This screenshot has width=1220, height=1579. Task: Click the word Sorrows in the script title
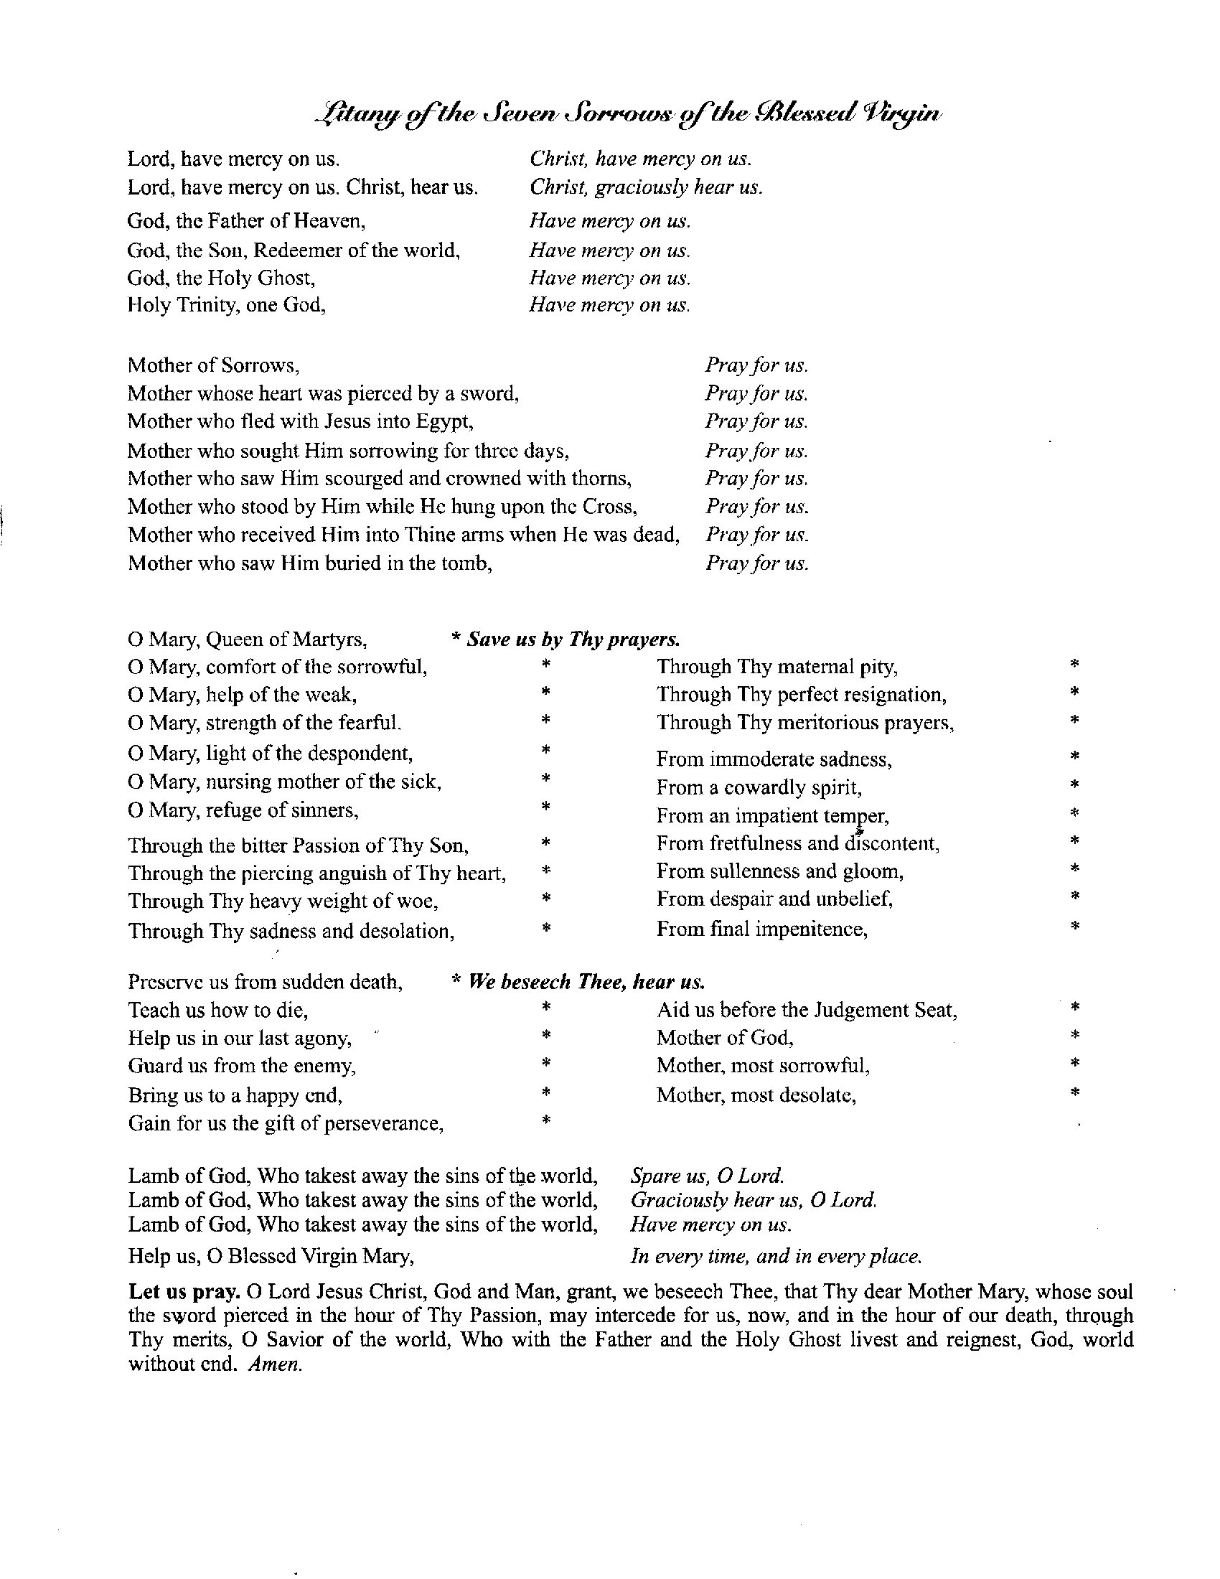(619, 115)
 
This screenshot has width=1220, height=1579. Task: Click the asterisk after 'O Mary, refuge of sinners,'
(546, 805)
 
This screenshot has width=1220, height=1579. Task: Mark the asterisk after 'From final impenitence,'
(1075, 926)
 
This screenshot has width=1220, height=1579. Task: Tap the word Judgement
(860, 1010)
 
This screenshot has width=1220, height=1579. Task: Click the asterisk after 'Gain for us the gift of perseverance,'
(546, 1121)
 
